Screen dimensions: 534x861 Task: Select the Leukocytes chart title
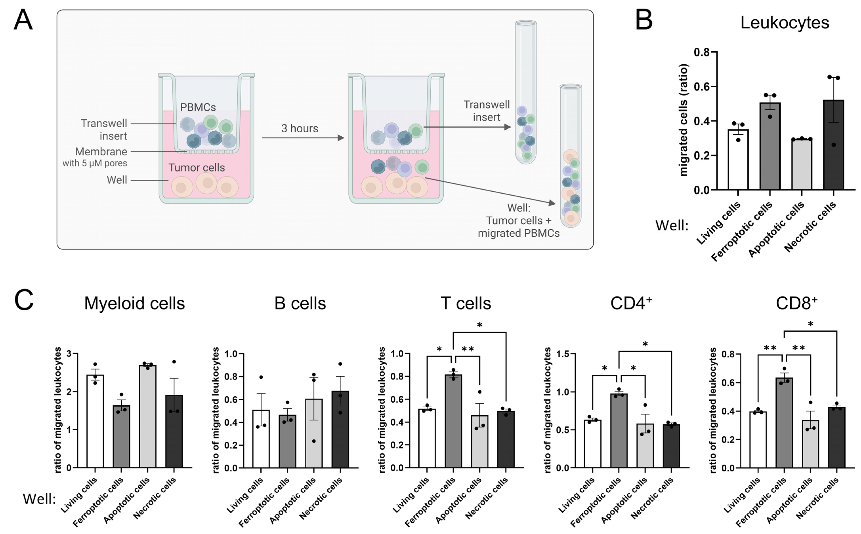(x=784, y=23)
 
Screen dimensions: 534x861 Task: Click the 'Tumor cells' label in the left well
(x=197, y=167)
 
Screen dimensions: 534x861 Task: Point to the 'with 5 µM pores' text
(x=95, y=163)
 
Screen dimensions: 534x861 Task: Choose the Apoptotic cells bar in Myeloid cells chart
(x=148, y=417)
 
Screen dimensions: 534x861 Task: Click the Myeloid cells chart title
(x=134, y=303)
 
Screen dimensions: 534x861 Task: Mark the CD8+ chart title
(x=796, y=303)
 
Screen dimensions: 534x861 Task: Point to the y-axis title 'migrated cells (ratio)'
(x=684, y=120)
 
